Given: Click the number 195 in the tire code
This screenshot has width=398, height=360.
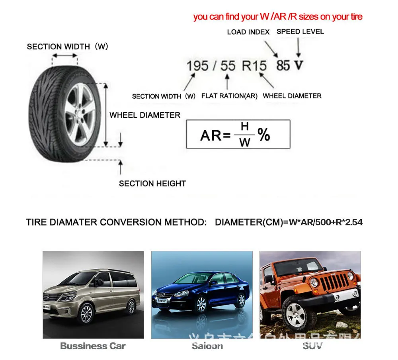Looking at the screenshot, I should coord(198,66).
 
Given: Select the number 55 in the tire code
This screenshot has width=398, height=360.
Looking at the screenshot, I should coord(228,66).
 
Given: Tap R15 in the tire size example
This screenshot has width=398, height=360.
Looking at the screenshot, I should coord(254,66).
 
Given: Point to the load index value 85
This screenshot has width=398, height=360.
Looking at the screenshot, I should coord(283,66).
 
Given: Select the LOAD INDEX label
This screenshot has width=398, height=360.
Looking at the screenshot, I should coord(248,32).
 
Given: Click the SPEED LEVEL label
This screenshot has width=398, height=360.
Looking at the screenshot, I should coord(300,31).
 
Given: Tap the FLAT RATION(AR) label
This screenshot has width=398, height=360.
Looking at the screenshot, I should coord(229,96).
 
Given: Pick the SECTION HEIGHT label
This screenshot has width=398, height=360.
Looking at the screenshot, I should coord(152,184).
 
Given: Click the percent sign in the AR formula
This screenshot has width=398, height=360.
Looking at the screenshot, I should coord(264,135).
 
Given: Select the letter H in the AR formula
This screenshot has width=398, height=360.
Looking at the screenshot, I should coord(245,127).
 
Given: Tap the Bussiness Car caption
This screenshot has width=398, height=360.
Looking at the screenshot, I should coord(93,346).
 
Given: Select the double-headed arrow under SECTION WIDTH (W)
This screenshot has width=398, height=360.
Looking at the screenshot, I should coord(65,56).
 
